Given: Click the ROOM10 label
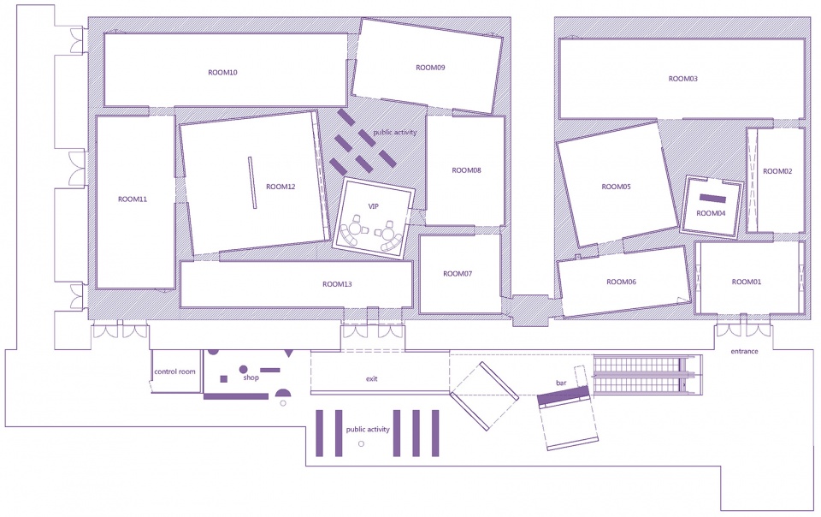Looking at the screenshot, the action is [222, 72].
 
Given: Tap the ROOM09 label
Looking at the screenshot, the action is [430, 68].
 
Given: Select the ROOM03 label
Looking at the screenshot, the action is [682, 79].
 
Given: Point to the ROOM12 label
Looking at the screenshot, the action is [281, 187].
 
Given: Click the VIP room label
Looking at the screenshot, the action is [374, 206].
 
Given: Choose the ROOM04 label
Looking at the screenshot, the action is [711, 213].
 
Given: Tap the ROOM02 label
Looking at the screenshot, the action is [777, 171].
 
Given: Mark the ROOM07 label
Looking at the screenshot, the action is [458, 273].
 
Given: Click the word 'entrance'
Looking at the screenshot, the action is [744, 352].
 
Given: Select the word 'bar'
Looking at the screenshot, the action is [561, 383].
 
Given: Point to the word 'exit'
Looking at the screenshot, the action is [372, 378].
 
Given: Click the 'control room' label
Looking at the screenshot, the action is [174, 371].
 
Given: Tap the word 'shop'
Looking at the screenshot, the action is [251, 377].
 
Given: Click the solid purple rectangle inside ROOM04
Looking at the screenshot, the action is [713, 199].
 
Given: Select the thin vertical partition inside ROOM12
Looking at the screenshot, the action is [252, 183].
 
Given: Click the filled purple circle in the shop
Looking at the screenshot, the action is [243, 370].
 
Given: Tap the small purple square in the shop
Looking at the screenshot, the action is [223, 379].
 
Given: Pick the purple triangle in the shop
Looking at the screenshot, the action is [288, 354].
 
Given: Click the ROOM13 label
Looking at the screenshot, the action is [337, 284].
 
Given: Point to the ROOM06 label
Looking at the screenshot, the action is [622, 282].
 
